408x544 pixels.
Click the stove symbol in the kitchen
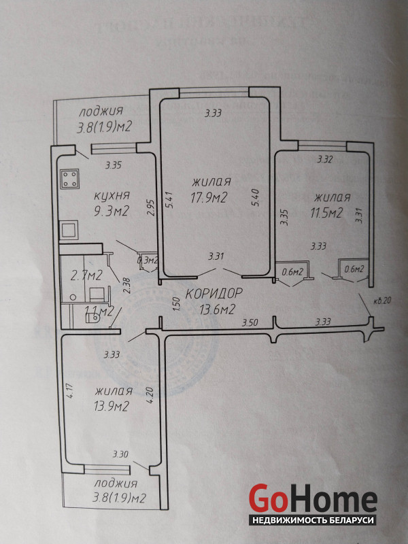69,179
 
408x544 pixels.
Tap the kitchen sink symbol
69,230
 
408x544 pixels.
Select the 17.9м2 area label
209,198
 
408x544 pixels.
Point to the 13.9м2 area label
112,406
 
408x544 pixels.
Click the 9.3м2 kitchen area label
112,211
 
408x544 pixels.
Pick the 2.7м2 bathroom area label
86,275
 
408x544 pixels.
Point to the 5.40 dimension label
254,197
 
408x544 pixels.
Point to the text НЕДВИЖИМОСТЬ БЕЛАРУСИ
313,520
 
